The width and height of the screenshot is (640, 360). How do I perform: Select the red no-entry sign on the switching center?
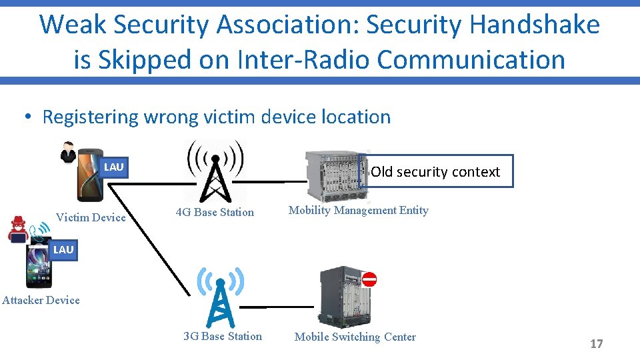click(369, 279)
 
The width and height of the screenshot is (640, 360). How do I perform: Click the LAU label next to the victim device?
click(114, 167)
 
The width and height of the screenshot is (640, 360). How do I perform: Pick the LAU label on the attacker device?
click(63, 249)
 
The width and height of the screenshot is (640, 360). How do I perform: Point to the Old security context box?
click(435, 171)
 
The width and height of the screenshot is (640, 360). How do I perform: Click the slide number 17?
click(596, 344)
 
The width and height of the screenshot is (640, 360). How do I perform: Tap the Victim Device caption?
click(91, 217)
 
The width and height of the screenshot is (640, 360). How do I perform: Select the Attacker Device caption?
click(41, 300)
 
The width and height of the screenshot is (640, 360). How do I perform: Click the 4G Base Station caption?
click(215, 213)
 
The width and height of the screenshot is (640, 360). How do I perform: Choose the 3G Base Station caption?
click(223, 336)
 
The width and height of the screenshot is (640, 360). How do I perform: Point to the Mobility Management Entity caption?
click(358, 211)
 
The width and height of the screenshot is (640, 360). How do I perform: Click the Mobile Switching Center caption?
click(355, 337)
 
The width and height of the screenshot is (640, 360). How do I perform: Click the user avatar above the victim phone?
click(68, 152)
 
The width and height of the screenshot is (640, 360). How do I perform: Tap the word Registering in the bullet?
click(91, 117)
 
